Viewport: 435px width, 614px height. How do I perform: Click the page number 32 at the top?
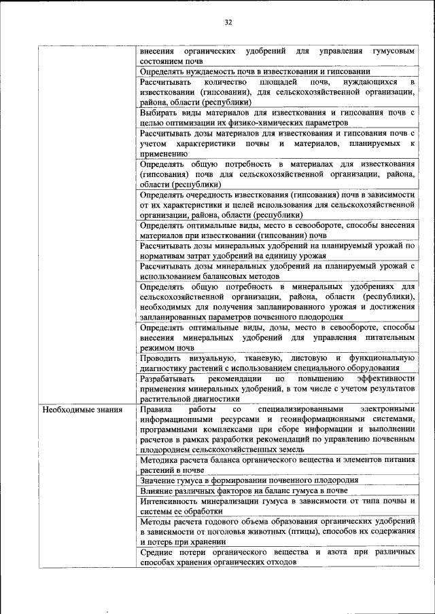click(x=228, y=22)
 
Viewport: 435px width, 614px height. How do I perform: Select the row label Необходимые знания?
click(x=82, y=410)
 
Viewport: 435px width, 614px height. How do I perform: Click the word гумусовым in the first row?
click(x=394, y=52)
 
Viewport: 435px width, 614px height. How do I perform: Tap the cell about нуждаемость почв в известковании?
click(x=255, y=71)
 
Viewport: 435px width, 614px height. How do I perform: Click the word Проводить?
click(x=163, y=358)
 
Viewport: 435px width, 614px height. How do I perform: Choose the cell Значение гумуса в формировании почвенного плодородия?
click(x=258, y=480)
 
